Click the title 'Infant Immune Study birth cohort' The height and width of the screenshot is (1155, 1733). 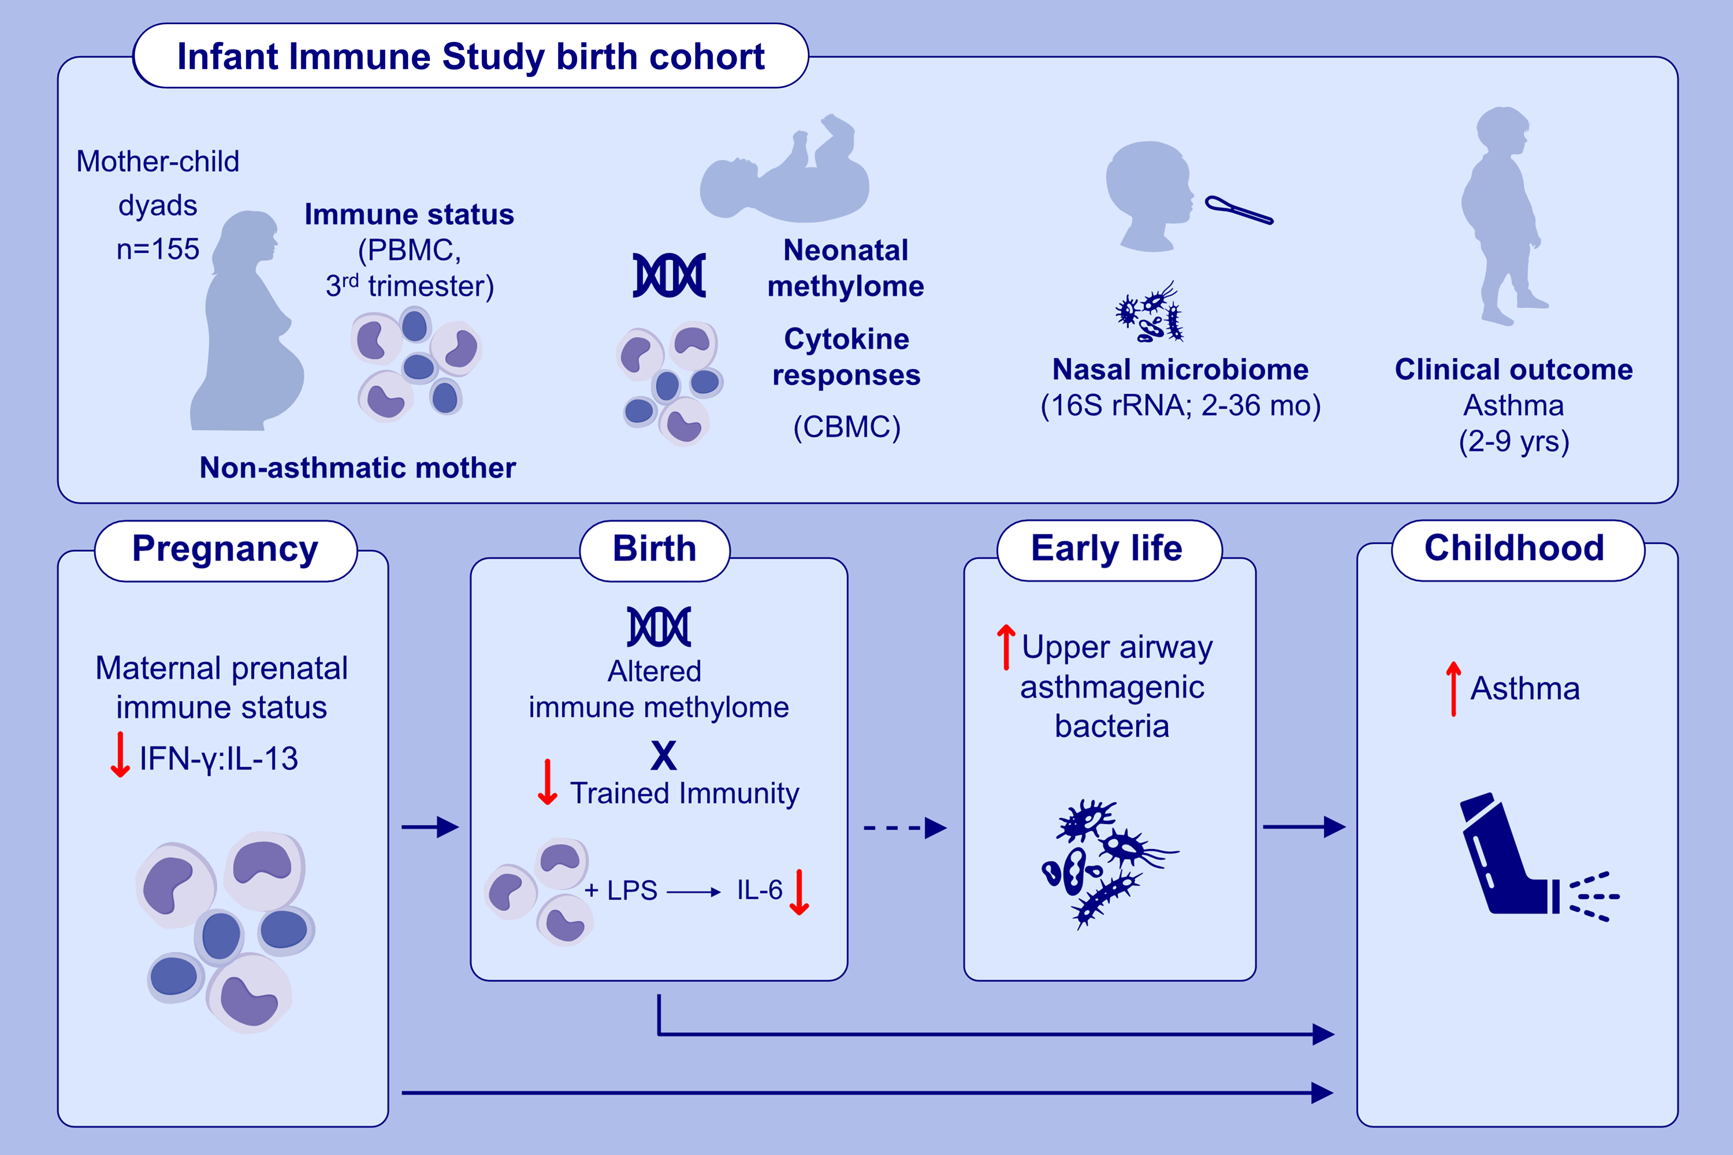tap(471, 57)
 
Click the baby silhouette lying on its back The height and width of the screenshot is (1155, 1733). tap(784, 177)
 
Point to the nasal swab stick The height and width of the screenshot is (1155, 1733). tap(1239, 210)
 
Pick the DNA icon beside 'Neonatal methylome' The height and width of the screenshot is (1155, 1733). tap(669, 276)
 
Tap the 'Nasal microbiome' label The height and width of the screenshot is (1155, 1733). tap(1180, 369)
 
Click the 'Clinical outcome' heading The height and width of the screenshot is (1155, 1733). tap(1514, 369)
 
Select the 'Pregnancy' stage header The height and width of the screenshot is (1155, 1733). tap(226, 549)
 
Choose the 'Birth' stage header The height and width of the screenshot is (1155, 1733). tap(654, 549)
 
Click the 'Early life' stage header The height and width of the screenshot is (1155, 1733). tap(1107, 549)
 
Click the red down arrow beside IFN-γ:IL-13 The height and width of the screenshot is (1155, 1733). tap(120, 755)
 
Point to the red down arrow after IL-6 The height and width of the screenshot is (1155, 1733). tap(799, 892)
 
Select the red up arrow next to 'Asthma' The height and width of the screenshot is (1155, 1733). tap(1453, 689)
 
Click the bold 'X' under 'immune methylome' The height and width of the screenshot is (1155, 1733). tap(663, 756)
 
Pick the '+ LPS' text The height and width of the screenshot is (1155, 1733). tap(621, 891)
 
